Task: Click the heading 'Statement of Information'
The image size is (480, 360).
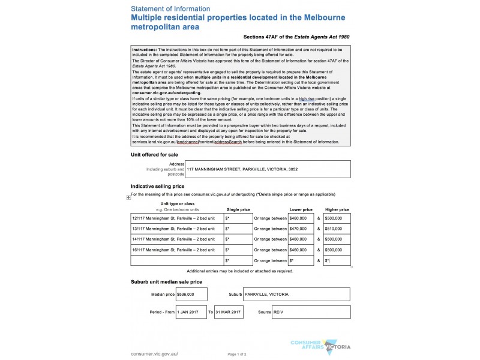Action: tap(170, 9)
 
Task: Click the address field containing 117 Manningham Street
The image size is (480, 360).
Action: tap(268, 169)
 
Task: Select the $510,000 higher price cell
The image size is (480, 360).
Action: tap(337, 229)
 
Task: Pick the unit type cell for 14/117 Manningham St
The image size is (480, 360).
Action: tap(176, 239)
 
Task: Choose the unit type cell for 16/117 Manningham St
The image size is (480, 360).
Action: tap(176, 249)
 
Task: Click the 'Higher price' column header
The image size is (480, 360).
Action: tap(337, 209)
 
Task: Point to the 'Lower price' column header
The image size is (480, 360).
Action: tap(301, 209)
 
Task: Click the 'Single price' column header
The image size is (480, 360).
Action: tap(238, 209)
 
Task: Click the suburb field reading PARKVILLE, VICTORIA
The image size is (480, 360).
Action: tap(296, 295)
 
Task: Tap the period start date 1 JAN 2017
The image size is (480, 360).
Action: tap(191, 313)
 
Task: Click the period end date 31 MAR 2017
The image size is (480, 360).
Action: tap(229, 313)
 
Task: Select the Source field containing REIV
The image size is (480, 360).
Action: tap(311, 313)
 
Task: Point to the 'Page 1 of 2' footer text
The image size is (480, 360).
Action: tap(237, 354)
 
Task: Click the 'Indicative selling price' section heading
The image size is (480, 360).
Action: tap(158, 187)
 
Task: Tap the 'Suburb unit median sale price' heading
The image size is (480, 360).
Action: tap(166, 281)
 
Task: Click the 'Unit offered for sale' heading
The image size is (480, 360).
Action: tap(154, 154)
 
